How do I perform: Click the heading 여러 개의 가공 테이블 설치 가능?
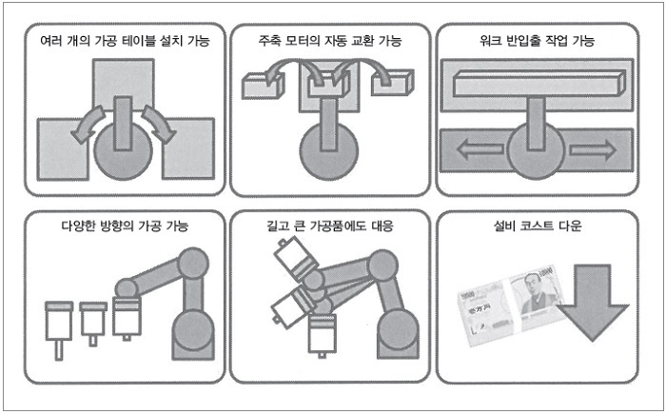pos(124,41)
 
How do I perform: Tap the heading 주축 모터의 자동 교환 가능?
pos(329,41)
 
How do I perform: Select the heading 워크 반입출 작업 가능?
pos(536,41)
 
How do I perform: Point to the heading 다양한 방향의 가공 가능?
pos(124,227)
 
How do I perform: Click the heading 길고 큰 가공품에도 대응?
pos(329,227)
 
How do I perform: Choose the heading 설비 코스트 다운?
pos(536,227)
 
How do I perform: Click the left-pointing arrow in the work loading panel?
pos(473,149)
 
